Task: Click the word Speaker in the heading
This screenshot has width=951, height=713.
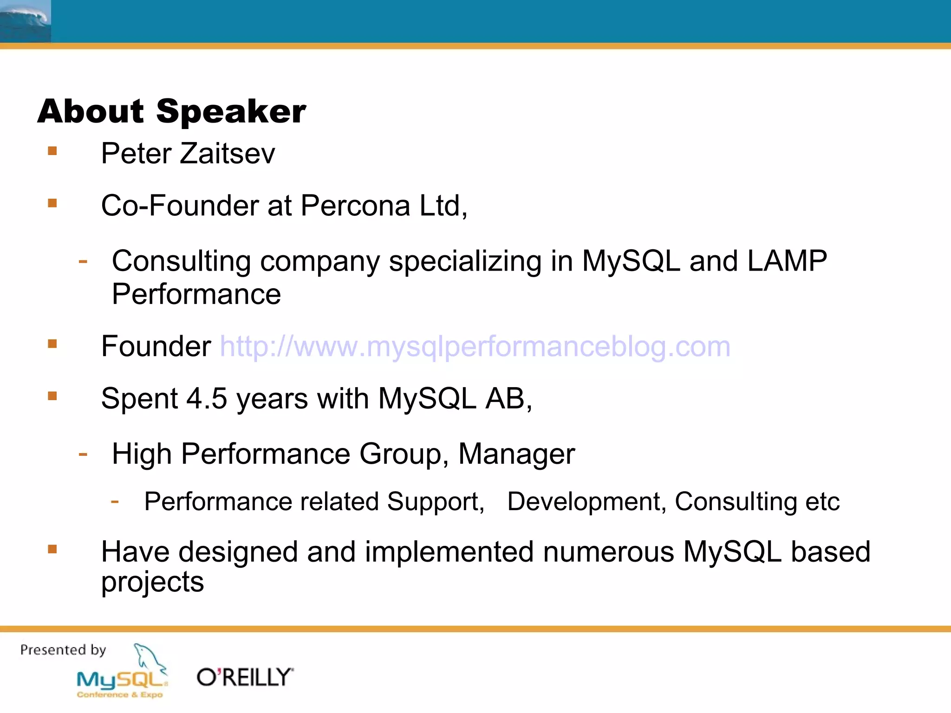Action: (x=231, y=112)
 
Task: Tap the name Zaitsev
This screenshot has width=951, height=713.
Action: (x=227, y=154)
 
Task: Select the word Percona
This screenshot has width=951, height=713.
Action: (x=355, y=206)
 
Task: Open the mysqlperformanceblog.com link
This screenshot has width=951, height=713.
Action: (x=475, y=347)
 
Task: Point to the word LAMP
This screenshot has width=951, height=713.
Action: (x=787, y=261)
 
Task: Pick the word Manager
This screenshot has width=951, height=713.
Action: (x=516, y=454)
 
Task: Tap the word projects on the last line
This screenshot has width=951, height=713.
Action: (x=152, y=583)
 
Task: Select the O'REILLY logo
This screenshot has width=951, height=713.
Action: (x=245, y=677)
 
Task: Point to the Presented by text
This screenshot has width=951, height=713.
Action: (x=63, y=650)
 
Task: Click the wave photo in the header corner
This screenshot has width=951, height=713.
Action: (x=25, y=21)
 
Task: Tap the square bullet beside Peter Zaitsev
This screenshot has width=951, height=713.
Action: (x=52, y=151)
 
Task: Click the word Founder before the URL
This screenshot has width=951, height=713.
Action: (x=156, y=347)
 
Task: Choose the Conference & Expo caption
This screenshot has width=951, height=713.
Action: (x=120, y=695)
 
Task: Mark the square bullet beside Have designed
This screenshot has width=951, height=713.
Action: (x=52, y=550)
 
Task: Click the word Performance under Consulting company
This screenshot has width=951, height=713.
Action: (x=196, y=294)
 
